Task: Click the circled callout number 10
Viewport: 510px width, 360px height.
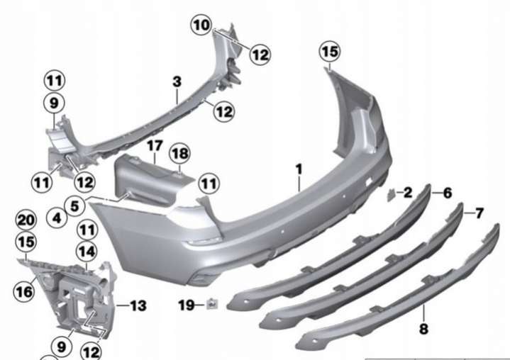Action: click(x=201, y=25)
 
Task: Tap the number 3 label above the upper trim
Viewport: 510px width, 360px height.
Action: click(x=177, y=81)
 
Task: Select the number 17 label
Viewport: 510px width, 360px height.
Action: click(x=155, y=146)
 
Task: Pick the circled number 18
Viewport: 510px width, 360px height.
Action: click(x=180, y=153)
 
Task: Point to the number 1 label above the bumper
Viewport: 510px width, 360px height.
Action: click(x=299, y=169)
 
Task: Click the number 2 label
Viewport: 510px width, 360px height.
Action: click(x=408, y=193)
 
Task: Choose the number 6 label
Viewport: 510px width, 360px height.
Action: click(x=448, y=193)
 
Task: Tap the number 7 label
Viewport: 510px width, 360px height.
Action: click(x=479, y=213)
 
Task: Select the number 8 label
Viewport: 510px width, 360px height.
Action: click(x=423, y=329)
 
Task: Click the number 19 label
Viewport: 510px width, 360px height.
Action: click(x=187, y=305)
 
